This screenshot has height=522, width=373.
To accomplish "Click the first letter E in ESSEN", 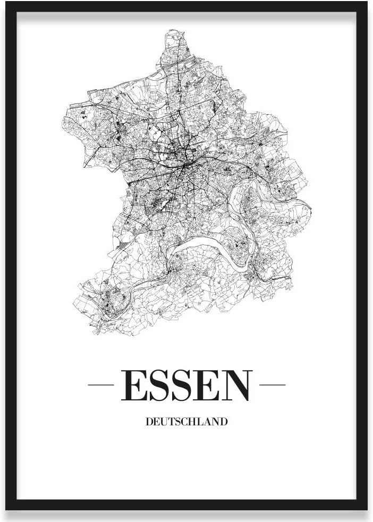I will point(134,386).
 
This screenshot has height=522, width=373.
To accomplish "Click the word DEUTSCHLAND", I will point(186,422).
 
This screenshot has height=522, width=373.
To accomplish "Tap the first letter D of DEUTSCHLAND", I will point(148,422).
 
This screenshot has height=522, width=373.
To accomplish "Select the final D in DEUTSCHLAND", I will point(224,422).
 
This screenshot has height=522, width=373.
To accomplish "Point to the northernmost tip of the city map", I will point(175,31).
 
